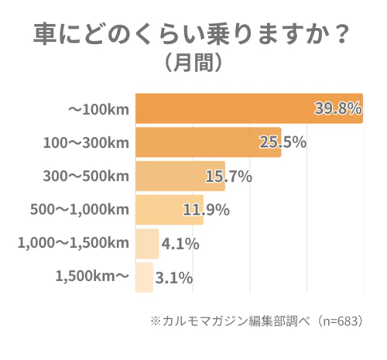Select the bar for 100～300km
click(x=207, y=142)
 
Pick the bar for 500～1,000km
click(x=169, y=210)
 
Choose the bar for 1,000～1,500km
click(x=147, y=244)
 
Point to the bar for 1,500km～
click(x=144, y=277)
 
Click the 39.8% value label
click(x=338, y=108)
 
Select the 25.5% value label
click(x=283, y=142)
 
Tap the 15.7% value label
click(x=228, y=177)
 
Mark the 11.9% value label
click(x=206, y=210)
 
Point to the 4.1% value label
click(x=180, y=244)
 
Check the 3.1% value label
click(x=174, y=277)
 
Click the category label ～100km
click(x=98, y=109)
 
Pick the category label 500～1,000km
click(x=78, y=210)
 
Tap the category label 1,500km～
click(x=91, y=277)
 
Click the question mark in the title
click(x=339, y=34)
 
